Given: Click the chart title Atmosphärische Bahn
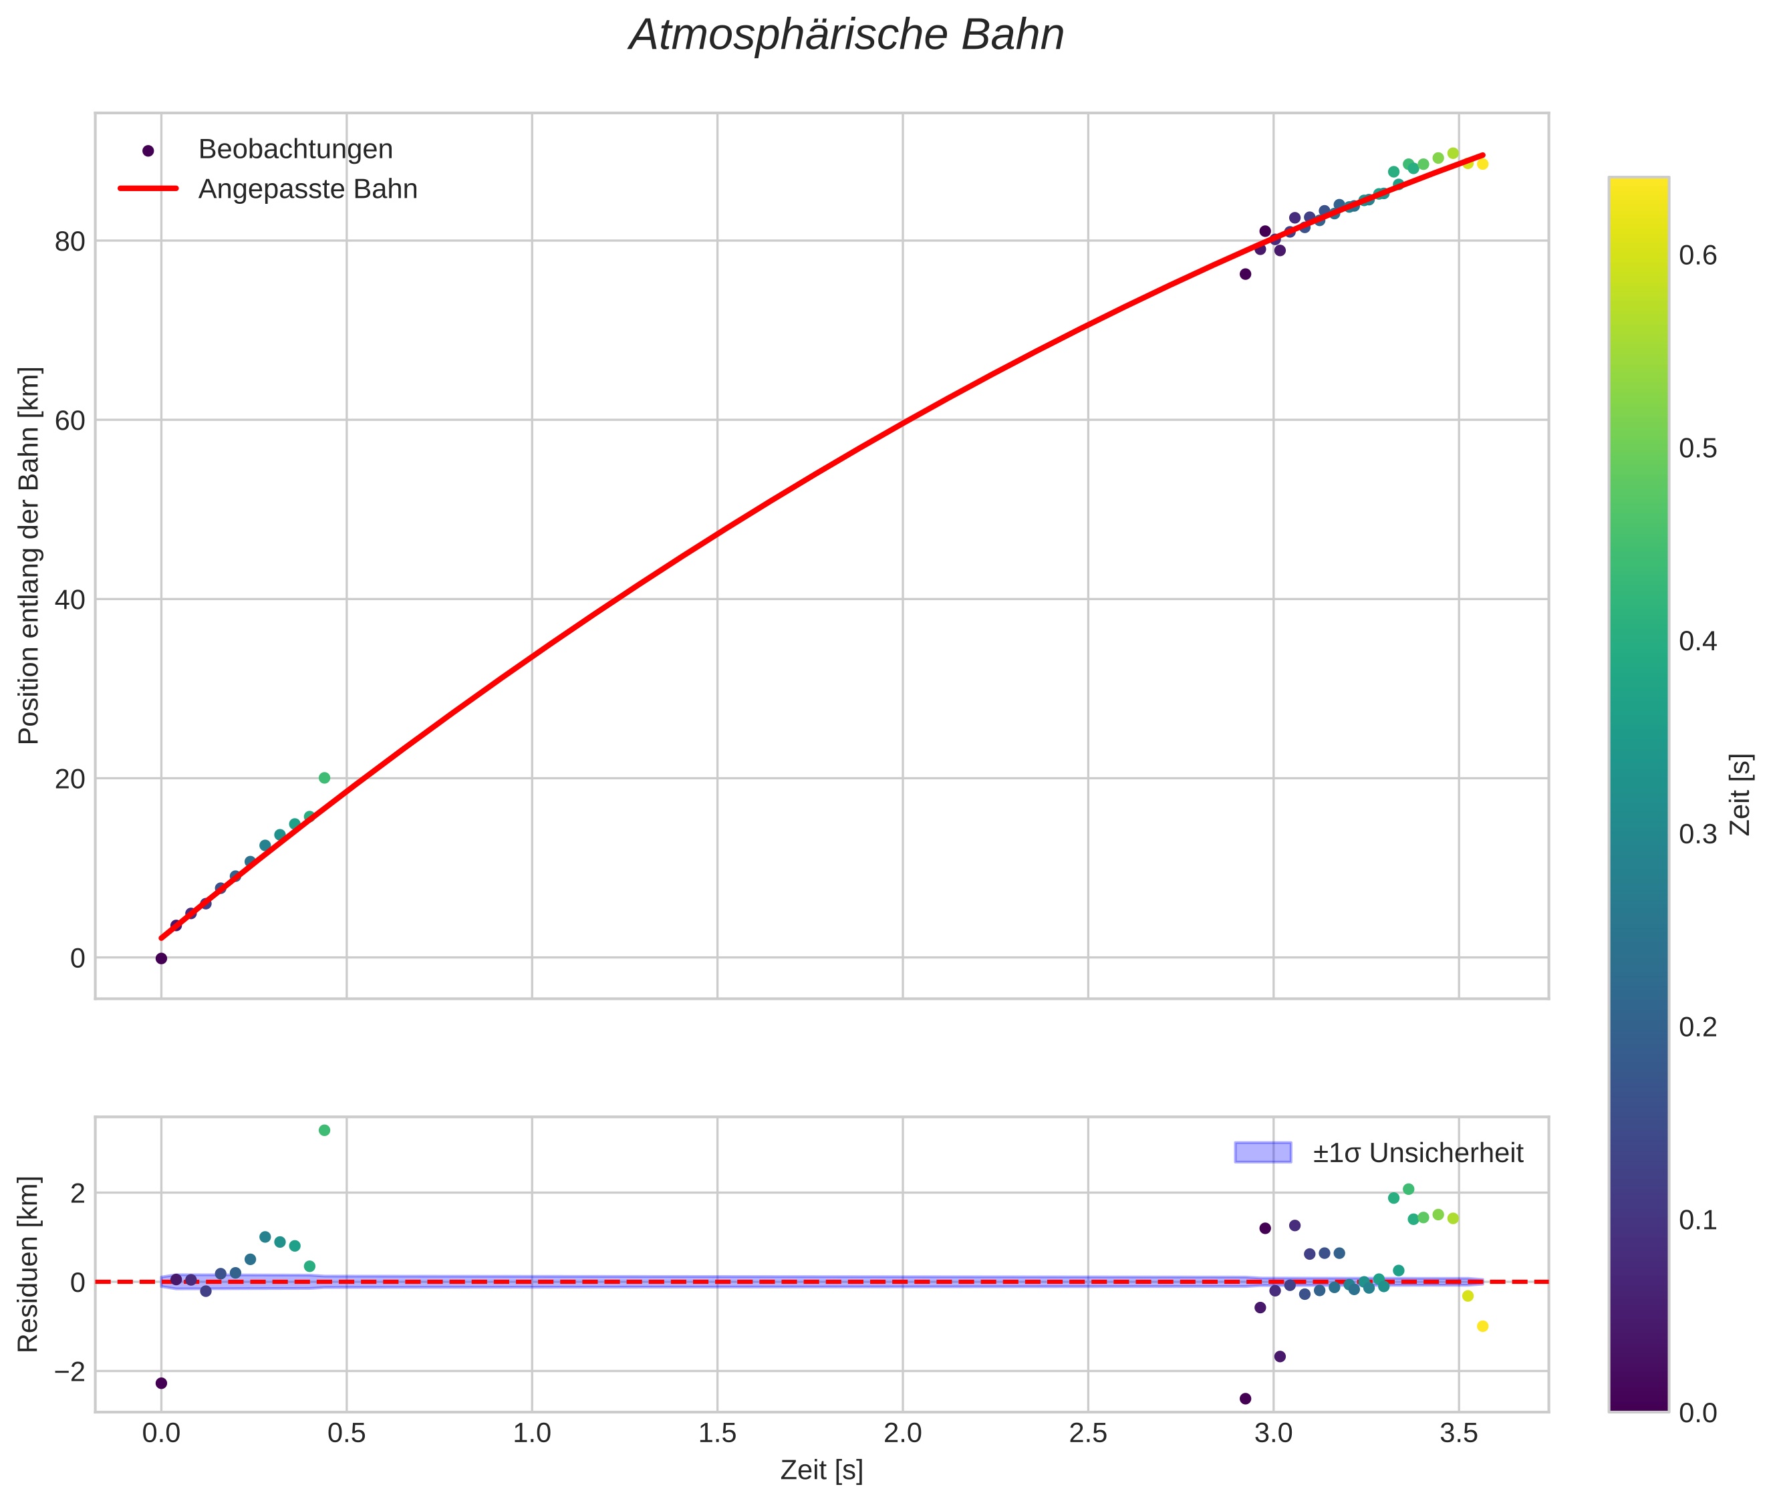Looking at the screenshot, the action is pyautogui.click(x=846, y=35).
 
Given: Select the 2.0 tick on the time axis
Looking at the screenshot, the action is pyautogui.click(x=902, y=1434).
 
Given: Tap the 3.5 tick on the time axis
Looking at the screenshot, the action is pyautogui.click(x=1459, y=1434).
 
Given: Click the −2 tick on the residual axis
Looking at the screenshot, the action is pyautogui.click(x=64, y=1371).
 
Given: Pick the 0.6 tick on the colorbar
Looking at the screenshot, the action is pyautogui.click(x=1697, y=255).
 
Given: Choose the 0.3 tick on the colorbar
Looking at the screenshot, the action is pyautogui.click(x=1697, y=835).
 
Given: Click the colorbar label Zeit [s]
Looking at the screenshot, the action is pyautogui.click(x=1741, y=795).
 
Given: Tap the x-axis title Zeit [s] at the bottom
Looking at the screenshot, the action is pyautogui.click(x=821, y=1470).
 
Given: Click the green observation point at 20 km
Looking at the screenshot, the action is pyautogui.click(x=324, y=778).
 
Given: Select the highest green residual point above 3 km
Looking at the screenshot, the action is pyautogui.click(x=324, y=1130).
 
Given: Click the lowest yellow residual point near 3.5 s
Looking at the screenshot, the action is pyautogui.click(x=1482, y=1327).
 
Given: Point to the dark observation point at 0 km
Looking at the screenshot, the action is pyautogui.click(x=161, y=958).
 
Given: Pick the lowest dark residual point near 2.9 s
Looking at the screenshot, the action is pyautogui.click(x=1245, y=1399).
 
